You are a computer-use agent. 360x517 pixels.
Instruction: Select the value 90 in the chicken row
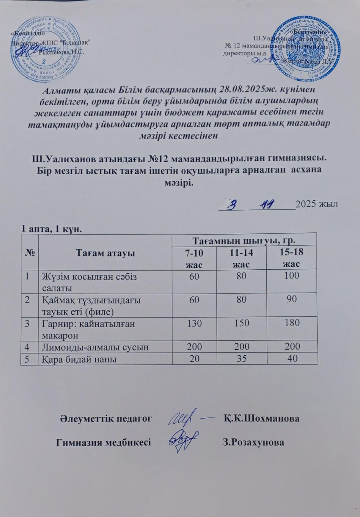[x=291, y=299]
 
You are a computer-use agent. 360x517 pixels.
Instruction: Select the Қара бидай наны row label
[x=79, y=359]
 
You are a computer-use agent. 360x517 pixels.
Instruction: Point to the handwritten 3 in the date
[x=231, y=204]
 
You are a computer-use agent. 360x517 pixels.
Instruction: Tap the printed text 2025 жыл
[x=317, y=204]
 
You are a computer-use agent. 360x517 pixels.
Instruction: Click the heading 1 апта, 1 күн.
[x=51, y=229]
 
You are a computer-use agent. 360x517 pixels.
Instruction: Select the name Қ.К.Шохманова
[x=261, y=418]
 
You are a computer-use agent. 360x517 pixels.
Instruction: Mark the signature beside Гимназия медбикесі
[x=184, y=440]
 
